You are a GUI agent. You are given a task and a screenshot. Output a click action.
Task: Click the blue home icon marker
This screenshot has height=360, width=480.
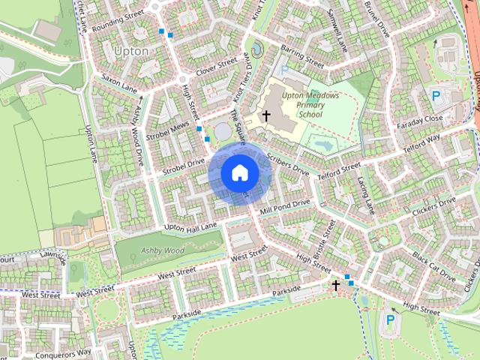(239, 172)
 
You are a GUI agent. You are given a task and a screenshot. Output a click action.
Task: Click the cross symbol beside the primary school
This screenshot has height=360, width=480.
(265, 115)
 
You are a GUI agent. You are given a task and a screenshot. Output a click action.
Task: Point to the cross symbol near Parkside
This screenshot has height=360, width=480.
(336, 284)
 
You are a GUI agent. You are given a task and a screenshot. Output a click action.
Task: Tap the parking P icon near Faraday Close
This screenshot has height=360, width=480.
(436, 95)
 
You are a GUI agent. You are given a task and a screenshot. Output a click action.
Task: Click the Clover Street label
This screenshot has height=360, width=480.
(216, 66)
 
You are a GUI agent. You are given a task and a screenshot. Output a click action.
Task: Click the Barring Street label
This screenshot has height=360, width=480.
(301, 56)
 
